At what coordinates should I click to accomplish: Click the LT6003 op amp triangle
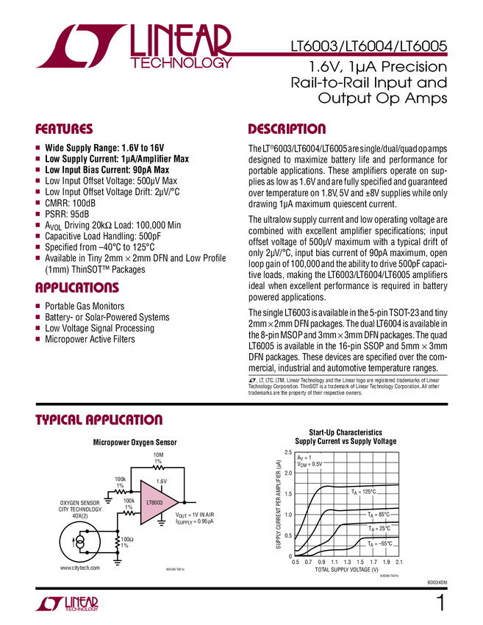pos(155,503)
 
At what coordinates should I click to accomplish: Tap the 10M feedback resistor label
pos(158,457)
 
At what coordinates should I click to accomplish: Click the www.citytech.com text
pos(79,568)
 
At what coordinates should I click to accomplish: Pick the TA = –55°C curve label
pos(380,543)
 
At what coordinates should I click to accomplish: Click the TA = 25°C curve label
pos(379,528)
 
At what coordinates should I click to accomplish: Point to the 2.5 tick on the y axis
pos(287,451)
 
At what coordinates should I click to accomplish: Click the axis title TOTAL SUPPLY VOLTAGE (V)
pos(346,570)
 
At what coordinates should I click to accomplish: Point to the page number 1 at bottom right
pos(441,604)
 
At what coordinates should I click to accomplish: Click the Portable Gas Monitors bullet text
pos(85,306)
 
